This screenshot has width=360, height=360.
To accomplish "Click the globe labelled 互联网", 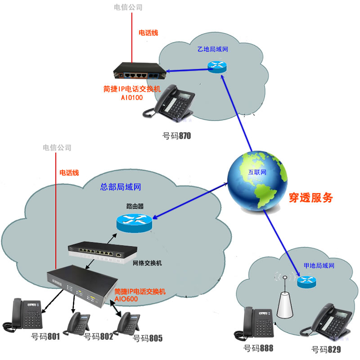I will (x=257, y=180).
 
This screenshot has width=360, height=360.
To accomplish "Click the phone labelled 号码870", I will (x=173, y=103).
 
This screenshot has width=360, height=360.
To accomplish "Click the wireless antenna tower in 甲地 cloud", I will (x=285, y=301).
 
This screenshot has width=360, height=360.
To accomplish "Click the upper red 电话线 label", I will (x=148, y=33).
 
